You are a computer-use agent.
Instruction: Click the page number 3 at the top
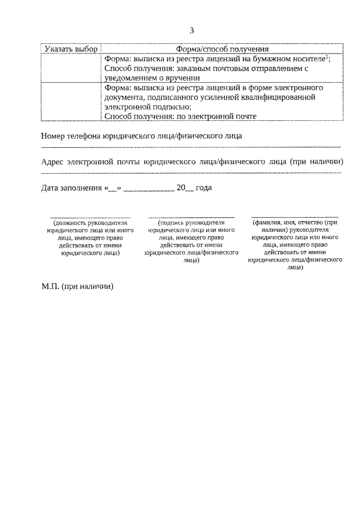coord(191,30)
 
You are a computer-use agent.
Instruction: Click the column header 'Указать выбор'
coord(71,49)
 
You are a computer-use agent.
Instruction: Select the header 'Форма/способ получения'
coord(222,49)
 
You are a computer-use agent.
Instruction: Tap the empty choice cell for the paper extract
coord(71,68)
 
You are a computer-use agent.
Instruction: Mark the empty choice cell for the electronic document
coord(71,102)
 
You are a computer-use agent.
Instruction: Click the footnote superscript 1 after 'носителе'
coord(328,57)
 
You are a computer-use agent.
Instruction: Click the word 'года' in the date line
coord(204,188)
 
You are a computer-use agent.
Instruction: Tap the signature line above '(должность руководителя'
coord(91,217)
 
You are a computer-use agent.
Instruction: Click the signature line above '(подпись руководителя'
coord(191,217)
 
